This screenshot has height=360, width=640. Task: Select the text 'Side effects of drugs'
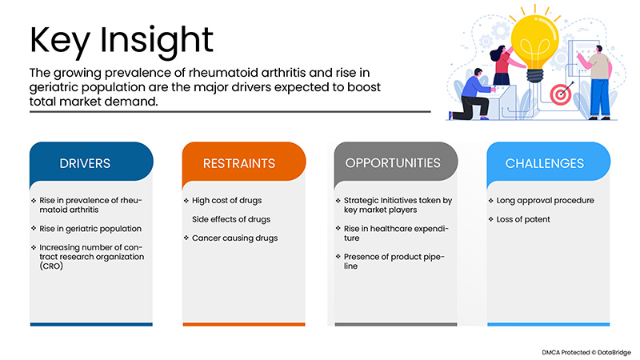click(231, 219)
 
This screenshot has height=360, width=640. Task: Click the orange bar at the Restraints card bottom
click(243, 324)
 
